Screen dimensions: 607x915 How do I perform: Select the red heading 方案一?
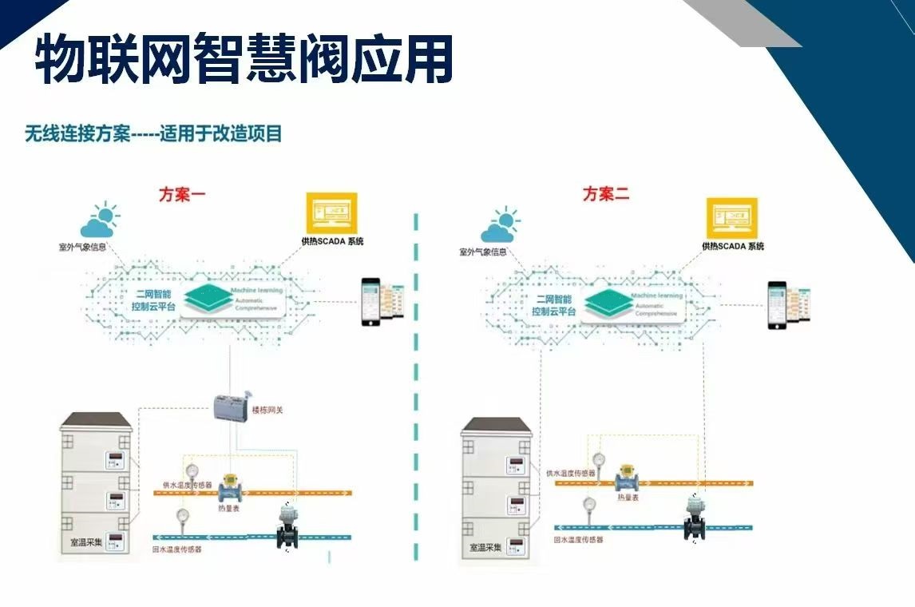(x=182, y=194)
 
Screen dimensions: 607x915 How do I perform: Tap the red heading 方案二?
(x=606, y=193)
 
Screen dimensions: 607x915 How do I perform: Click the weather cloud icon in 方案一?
(x=99, y=221)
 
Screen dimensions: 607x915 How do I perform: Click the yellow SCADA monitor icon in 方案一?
(x=331, y=214)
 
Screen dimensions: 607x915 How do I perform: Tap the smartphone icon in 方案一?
(x=371, y=301)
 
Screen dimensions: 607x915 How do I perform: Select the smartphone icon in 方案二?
(x=778, y=304)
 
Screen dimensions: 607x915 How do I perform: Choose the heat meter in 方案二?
(x=626, y=480)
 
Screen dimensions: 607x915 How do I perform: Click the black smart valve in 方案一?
(x=287, y=526)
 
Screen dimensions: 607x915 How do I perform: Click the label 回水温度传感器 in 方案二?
(x=578, y=540)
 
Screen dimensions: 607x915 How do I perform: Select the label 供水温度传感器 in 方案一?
(x=187, y=485)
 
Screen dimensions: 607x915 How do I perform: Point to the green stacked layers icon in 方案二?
(x=608, y=303)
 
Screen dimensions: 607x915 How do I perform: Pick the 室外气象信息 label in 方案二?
(x=482, y=252)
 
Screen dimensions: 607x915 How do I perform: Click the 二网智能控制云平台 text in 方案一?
(x=152, y=300)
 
